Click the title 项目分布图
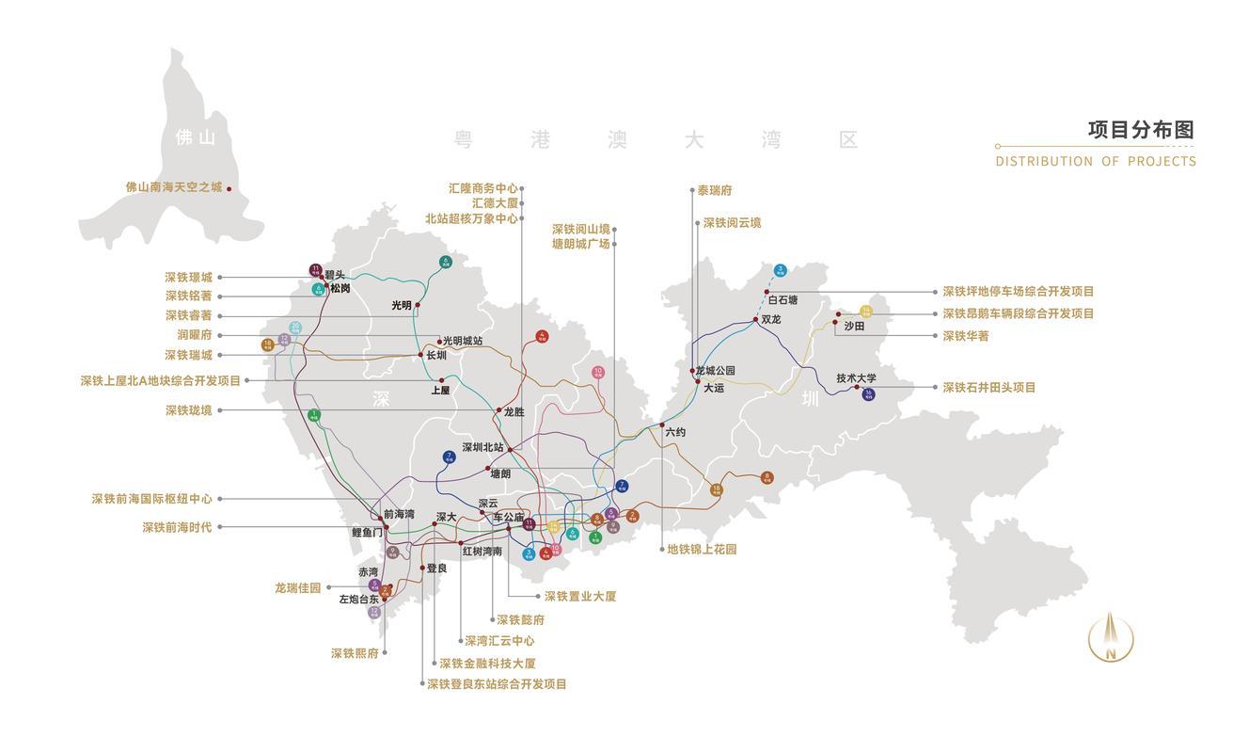(x=1140, y=130)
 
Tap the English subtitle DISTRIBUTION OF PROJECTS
(x=1096, y=161)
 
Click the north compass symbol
(x=1111, y=637)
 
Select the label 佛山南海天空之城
(x=174, y=187)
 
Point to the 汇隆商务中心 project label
(x=483, y=188)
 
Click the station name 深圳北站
(x=482, y=448)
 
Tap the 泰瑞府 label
(x=715, y=190)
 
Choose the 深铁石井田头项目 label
(x=989, y=387)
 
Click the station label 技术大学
(x=856, y=378)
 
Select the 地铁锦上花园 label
(x=702, y=549)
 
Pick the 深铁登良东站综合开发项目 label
(x=497, y=684)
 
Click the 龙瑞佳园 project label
(x=297, y=588)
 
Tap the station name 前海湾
(x=399, y=515)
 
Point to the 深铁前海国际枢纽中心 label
(x=151, y=499)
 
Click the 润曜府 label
(x=194, y=334)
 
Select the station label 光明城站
(x=463, y=341)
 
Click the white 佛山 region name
(x=196, y=137)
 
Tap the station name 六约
(x=675, y=432)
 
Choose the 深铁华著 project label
(x=966, y=335)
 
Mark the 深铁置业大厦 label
(x=580, y=596)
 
